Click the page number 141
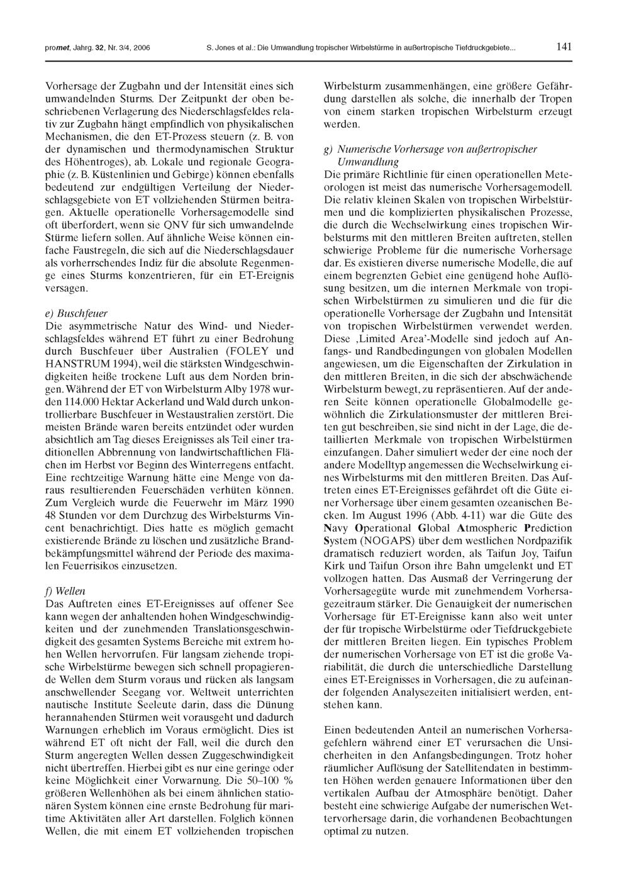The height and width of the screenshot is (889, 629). [564, 47]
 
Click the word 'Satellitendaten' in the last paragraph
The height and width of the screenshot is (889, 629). [480, 768]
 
